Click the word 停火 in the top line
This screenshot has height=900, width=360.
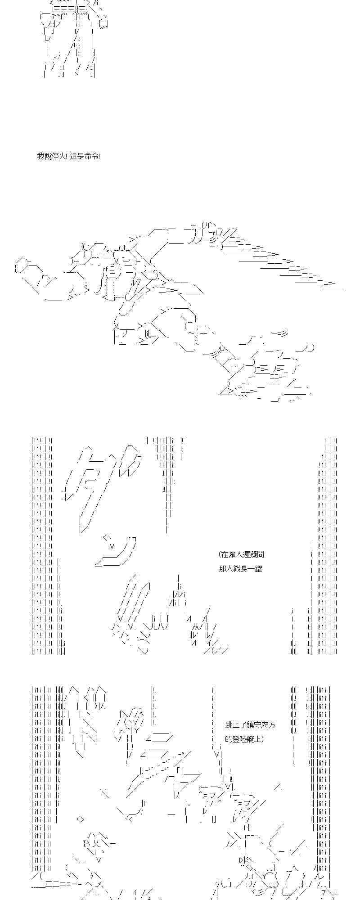[x=60, y=157]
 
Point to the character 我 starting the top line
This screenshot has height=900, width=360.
[x=40, y=157]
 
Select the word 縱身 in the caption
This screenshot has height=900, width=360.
[x=240, y=569]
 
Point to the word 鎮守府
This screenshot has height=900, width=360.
[x=257, y=725]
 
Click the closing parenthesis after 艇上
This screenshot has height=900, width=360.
[x=262, y=739]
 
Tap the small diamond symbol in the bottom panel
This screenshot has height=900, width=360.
[x=80, y=819]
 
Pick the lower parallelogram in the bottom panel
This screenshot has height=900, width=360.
[x=155, y=753]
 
